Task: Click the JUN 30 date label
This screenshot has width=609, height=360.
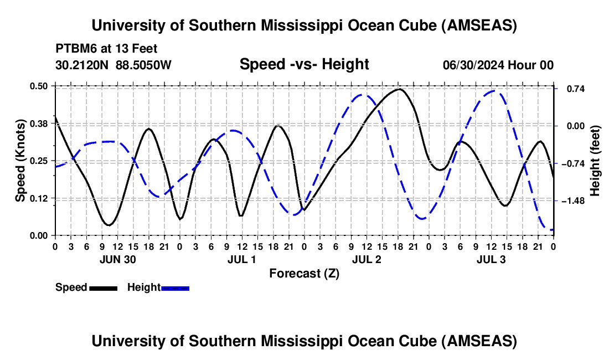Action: click(117, 259)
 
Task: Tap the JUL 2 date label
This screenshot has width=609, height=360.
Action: click(367, 259)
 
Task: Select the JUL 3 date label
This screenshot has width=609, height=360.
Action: click(491, 259)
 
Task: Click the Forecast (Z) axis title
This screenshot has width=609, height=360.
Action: click(304, 273)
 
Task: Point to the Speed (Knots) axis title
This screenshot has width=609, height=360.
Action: click(20, 161)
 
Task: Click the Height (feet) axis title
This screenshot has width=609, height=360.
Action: click(596, 161)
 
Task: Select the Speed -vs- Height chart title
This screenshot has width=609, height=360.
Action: click(304, 64)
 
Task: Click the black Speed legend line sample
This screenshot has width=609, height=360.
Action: click(103, 288)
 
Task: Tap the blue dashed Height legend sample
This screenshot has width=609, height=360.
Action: click(176, 288)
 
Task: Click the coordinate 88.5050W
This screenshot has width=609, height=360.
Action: click(144, 65)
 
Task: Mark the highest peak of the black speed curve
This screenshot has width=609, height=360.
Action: click(399, 89)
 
